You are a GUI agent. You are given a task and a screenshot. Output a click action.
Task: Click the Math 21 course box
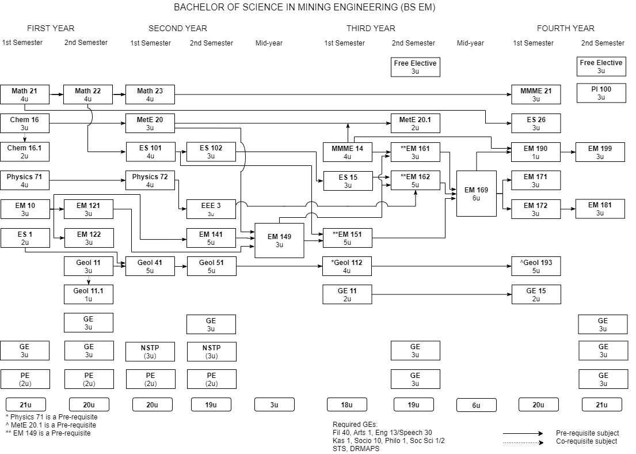tap(25, 94)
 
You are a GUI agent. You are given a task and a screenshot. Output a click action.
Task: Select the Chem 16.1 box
tap(25, 152)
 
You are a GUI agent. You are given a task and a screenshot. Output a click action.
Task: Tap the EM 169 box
tap(476, 193)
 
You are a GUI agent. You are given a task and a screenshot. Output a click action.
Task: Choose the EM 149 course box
tap(279, 240)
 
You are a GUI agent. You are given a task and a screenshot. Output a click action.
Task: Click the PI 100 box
tap(601, 93)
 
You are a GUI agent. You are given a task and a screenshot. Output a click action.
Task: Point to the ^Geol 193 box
tap(536, 266)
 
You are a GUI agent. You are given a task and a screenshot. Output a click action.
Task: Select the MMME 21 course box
tap(536, 94)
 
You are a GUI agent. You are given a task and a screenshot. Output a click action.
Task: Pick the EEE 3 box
tap(211, 209)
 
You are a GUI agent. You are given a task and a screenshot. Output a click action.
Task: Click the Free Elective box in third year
tap(415, 67)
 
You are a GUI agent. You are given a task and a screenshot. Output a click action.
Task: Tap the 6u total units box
tap(476, 405)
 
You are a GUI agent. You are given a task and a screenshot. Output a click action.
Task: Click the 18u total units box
tap(346, 404)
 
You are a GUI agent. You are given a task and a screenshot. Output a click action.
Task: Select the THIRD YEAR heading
tap(371, 28)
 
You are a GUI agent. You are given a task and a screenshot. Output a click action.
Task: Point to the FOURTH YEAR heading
tap(565, 28)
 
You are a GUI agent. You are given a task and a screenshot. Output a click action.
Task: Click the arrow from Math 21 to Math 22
tap(56, 92)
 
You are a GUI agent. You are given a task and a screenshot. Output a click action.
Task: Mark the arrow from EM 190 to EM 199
tap(568, 152)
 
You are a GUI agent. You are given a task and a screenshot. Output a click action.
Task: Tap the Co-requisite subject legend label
tap(586, 441)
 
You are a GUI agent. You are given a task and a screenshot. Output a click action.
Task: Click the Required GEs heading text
tap(355, 425)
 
